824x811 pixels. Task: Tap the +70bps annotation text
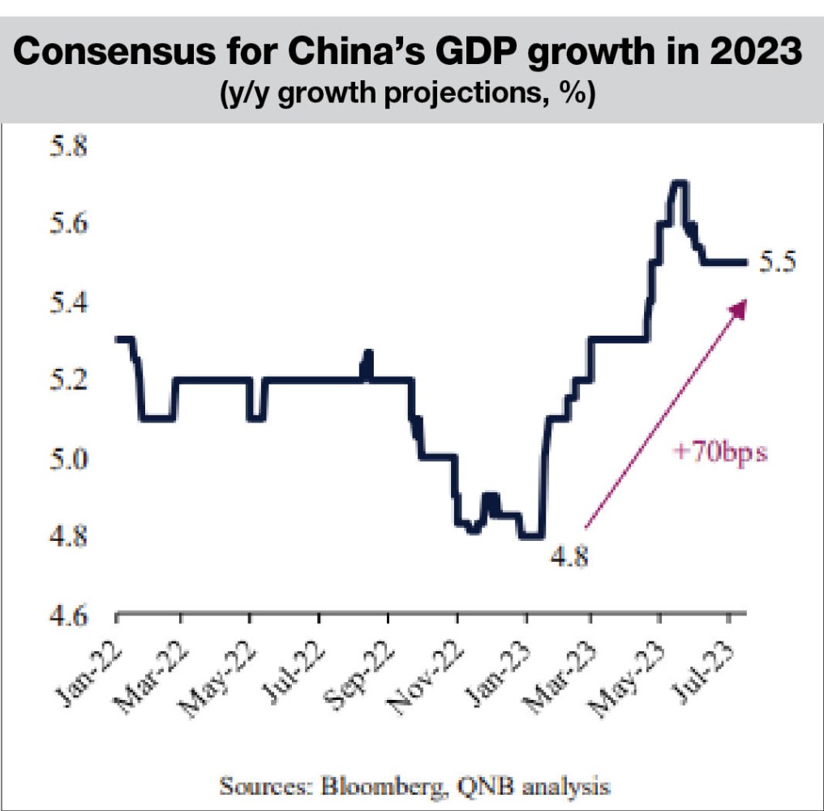point(719,452)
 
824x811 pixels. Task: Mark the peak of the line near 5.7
point(678,182)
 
